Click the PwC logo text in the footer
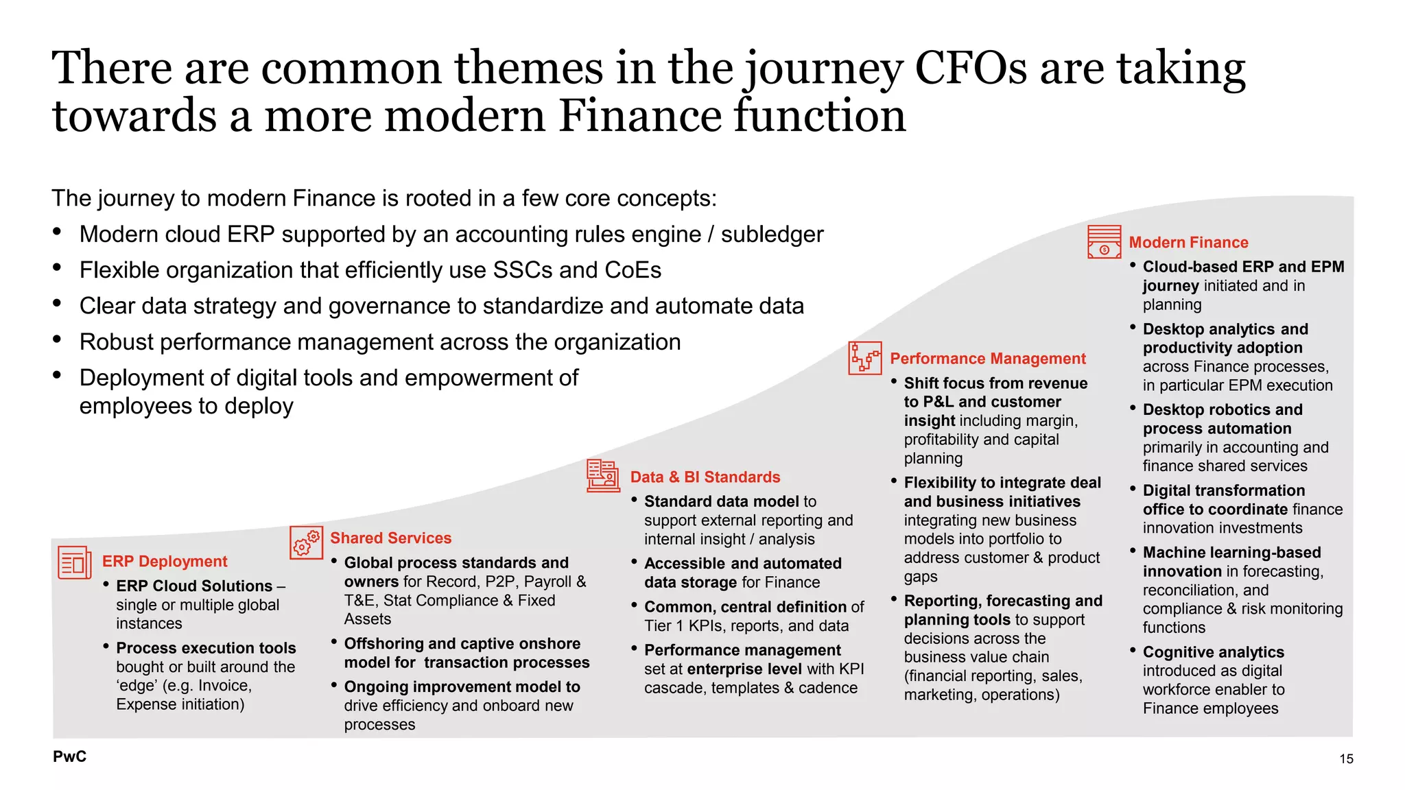(70, 756)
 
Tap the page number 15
(1346, 758)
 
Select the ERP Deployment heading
(165, 562)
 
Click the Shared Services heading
(391, 538)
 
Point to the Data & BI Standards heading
(705, 477)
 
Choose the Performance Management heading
(988, 359)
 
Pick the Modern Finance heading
(1189, 243)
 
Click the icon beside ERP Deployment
(74, 562)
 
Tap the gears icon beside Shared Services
(306, 542)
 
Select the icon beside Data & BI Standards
(603, 476)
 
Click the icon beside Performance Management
(864, 358)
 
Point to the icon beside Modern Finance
(1105, 242)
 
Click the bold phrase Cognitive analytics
(1214, 652)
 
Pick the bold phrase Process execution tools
(206, 648)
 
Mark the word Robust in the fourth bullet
(116, 342)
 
